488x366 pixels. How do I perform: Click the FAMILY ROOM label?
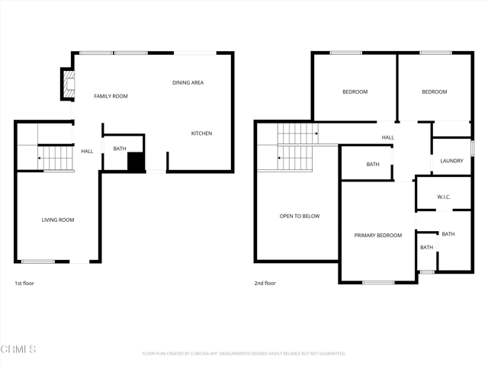(111, 96)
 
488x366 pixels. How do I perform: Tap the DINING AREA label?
(188, 82)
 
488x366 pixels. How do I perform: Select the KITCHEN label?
(201, 133)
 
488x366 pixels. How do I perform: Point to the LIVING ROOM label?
(57, 220)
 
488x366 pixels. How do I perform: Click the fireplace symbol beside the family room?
(68, 84)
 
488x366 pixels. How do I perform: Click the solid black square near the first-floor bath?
(136, 162)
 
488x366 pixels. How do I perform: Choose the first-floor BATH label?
(120, 149)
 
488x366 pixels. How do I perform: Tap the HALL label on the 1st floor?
(87, 151)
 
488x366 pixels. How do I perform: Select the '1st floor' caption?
(24, 283)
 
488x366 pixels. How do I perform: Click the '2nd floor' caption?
(265, 283)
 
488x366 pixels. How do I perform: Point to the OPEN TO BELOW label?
(300, 216)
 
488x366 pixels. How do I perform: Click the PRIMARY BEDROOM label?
(377, 235)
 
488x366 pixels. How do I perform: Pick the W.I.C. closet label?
(444, 197)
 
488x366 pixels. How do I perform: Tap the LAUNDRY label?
(451, 161)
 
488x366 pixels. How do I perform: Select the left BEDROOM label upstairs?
(355, 91)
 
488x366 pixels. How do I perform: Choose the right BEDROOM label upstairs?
(435, 91)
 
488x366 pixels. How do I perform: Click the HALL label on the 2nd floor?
(387, 137)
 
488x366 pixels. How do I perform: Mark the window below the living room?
(37, 262)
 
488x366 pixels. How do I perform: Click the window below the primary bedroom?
(378, 282)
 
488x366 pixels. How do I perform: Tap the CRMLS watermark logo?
(18, 349)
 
